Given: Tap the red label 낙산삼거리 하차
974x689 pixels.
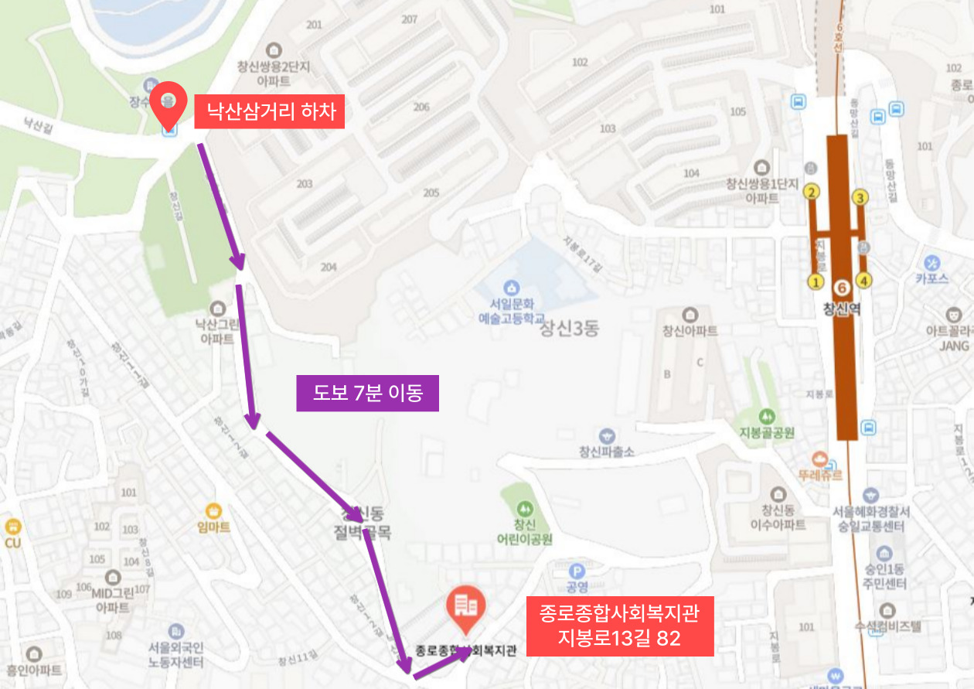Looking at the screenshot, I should [x=268, y=112].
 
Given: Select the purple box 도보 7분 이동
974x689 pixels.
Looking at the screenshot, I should [x=367, y=393].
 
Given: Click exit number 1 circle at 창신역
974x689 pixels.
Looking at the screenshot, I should [x=815, y=281].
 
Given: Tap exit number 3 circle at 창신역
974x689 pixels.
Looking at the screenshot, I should [x=860, y=198].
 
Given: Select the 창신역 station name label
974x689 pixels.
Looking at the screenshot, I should [x=842, y=309].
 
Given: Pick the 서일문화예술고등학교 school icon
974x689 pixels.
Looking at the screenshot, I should [x=510, y=288].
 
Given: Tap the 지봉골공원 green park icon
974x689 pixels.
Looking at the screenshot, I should [x=766, y=417].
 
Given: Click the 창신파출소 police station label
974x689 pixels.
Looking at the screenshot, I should [x=607, y=452].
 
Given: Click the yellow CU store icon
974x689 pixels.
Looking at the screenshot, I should [x=12, y=527].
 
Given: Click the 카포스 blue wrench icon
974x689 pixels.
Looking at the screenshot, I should [x=932, y=263].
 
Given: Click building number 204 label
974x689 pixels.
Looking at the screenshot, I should [x=329, y=268].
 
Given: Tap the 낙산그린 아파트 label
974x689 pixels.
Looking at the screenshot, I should [x=217, y=332].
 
